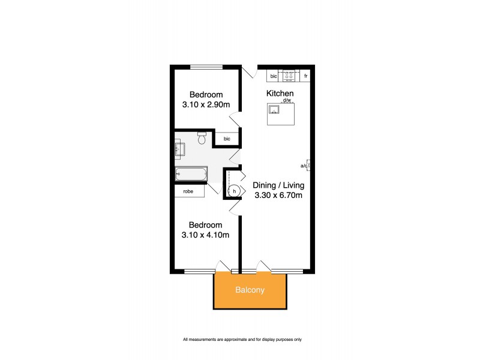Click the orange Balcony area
(x=250, y=291)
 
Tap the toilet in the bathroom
(x=202, y=140)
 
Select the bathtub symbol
(x=191, y=175)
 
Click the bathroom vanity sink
(x=180, y=148)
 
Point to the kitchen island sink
(x=275, y=109)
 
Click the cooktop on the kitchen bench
(x=289, y=76)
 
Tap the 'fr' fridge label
(x=306, y=76)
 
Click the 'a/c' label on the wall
(x=305, y=166)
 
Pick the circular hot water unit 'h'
(x=235, y=191)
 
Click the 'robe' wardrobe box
(x=189, y=191)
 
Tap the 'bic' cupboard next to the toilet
(x=227, y=139)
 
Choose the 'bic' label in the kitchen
(x=273, y=76)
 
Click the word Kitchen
(x=280, y=94)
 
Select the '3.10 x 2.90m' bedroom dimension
(x=206, y=104)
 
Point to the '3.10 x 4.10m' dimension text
(x=206, y=235)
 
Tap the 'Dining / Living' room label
(x=277, y=185)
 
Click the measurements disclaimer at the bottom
(x=242, y=340)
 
